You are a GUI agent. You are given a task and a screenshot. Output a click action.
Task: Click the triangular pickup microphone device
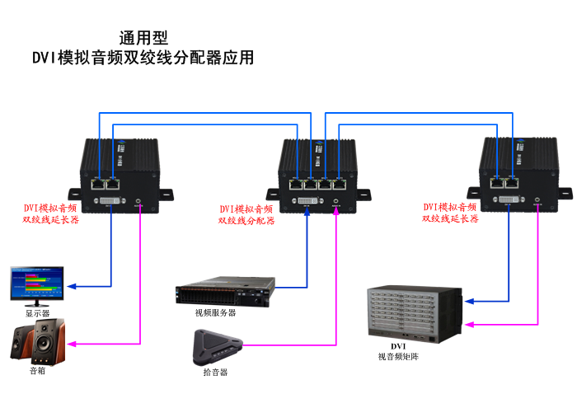coord(216,347)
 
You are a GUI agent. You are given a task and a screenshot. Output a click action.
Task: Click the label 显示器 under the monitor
coord(37,314)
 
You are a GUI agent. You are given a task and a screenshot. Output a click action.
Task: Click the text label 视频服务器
coord(215,313)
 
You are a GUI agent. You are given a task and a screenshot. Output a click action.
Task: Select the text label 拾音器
coord(214,373)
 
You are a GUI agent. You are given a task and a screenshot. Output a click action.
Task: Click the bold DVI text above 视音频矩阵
coord(398,346)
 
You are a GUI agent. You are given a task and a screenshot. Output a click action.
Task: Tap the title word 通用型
coord(143,37)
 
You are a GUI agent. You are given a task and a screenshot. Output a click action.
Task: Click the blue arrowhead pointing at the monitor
coord(72,287)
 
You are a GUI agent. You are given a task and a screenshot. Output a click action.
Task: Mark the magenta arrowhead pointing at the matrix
coord(470,325)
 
